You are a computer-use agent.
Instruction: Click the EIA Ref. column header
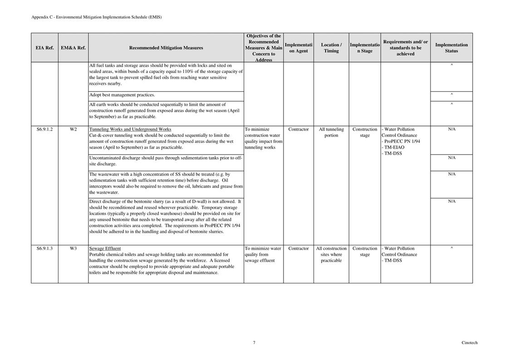tap(44, 48)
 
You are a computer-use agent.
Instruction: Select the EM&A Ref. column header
tap(73, 48)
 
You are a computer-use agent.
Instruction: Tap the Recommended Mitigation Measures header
tap(166, 48)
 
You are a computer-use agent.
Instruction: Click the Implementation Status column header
tap(451, 48)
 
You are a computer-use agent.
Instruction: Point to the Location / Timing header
tap(331, 48)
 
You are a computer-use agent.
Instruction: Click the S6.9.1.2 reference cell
tap(44, 129)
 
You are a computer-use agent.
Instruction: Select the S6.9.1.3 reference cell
tap(44, 248)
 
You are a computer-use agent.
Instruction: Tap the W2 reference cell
tap(73, 129)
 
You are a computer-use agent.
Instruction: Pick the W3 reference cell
tap(73, 248)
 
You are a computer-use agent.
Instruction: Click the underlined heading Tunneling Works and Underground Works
tap(130, 129)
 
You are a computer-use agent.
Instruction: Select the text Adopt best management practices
tap(122, 95)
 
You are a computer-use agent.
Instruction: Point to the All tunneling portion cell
tap(331, 132)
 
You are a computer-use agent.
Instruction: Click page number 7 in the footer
tap(254, 343)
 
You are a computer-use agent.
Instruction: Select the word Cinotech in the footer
tap(470, 343)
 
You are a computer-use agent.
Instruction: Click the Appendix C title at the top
tap(96, 17)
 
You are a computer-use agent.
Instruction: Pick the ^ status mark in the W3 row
tap(451, 248)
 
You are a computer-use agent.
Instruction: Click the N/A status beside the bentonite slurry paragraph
tap(451, 201)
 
